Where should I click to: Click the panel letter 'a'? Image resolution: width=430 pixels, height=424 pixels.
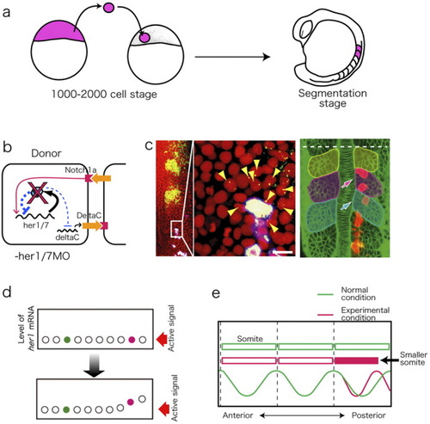click(6, 12)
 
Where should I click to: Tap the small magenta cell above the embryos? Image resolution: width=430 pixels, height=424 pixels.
click(108, 8)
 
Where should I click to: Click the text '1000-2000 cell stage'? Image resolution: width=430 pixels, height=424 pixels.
click(104, 95)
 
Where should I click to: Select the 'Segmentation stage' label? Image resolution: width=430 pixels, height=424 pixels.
click(333, 98)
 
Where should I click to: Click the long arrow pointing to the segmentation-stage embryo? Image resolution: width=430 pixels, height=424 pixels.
click(232, 57)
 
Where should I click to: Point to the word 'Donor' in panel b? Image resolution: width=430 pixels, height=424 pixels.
click(46, 153)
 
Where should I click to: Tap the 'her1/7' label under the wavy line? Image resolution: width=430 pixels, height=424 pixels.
click(36, 225)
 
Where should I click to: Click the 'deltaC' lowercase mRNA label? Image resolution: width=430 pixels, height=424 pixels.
click(68, 237)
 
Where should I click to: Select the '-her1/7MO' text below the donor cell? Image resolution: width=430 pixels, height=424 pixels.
click(42, 255)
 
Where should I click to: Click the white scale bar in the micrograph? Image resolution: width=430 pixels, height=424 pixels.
click(285, 252)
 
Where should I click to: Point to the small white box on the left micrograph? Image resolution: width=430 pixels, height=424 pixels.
click(176, 229)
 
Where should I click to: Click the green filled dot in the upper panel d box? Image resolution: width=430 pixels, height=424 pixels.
click(67, 340)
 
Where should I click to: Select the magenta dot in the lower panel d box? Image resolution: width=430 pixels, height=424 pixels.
click(131, 402)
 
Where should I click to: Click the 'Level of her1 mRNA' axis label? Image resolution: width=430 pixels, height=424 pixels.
click(26, 329)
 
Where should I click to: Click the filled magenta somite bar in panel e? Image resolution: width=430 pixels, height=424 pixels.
click(357, 360)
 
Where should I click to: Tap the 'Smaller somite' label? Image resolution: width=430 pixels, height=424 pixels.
click(414, 359)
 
